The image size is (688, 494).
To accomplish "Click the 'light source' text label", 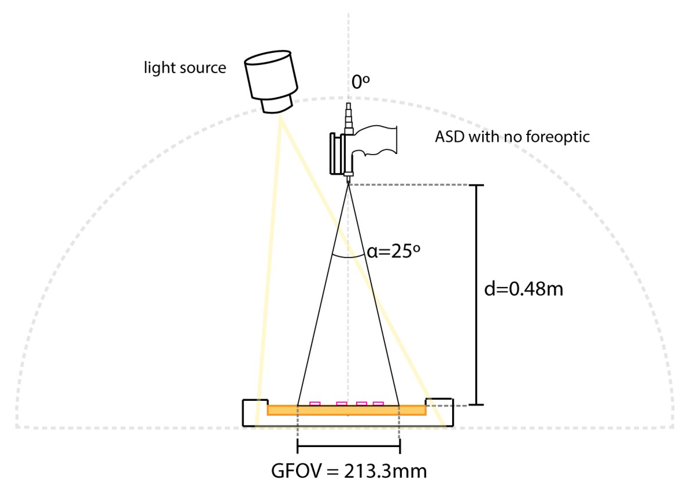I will (185, 68).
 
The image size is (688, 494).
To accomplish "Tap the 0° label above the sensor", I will (360, 82).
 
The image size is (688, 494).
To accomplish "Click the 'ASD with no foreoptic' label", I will (512, 137).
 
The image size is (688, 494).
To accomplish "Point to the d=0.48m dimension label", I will (523, 289).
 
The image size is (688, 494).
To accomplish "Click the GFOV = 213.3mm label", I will (349, 471).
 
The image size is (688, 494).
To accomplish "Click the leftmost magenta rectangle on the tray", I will (315, 403).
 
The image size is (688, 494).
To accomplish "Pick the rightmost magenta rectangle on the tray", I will (378, 403).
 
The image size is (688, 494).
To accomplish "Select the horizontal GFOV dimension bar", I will (349, 446).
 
